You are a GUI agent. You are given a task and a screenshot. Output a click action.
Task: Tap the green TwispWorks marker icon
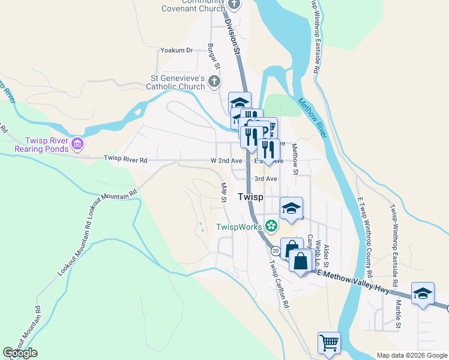(x=271, y=226)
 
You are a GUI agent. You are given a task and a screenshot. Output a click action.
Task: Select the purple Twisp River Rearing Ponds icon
(x=77, y=143)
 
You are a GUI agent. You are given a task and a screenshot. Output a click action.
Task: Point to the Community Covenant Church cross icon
(x=234, y=4)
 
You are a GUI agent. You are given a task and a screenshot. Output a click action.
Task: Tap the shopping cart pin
(x=329, y=343)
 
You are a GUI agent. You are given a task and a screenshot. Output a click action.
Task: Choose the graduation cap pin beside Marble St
(x=423, y=293)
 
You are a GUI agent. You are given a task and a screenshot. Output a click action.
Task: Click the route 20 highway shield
(x=275, y=250)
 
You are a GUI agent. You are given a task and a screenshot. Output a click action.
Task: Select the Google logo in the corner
(x=20, y=353)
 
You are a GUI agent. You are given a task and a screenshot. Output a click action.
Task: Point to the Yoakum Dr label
(x=176, y=51)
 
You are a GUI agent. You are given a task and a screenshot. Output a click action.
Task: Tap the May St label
(x=223, y=193)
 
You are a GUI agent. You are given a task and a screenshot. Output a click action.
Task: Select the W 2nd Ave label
(x=226, y=161)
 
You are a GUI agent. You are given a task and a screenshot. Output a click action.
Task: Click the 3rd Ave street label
(x=265, y=179)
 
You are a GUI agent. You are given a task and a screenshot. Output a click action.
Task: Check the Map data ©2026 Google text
(x=411, y=355)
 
